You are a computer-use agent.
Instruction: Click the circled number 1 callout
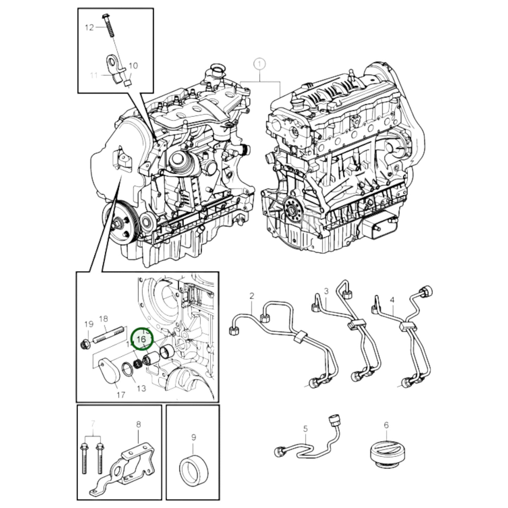coord(259,64)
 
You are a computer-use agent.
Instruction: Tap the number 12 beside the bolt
coord(90,27)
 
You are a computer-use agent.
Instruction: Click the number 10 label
coord(133,66)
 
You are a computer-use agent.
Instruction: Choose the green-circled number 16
coord(142,339)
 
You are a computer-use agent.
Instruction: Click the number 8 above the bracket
coord(138,424)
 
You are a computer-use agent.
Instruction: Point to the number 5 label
coord(305,429)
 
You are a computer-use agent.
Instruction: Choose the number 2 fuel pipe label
coord(252,296)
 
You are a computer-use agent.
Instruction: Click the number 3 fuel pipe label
coord(326,291)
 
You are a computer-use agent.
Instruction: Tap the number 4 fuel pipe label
coord(392,300)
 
